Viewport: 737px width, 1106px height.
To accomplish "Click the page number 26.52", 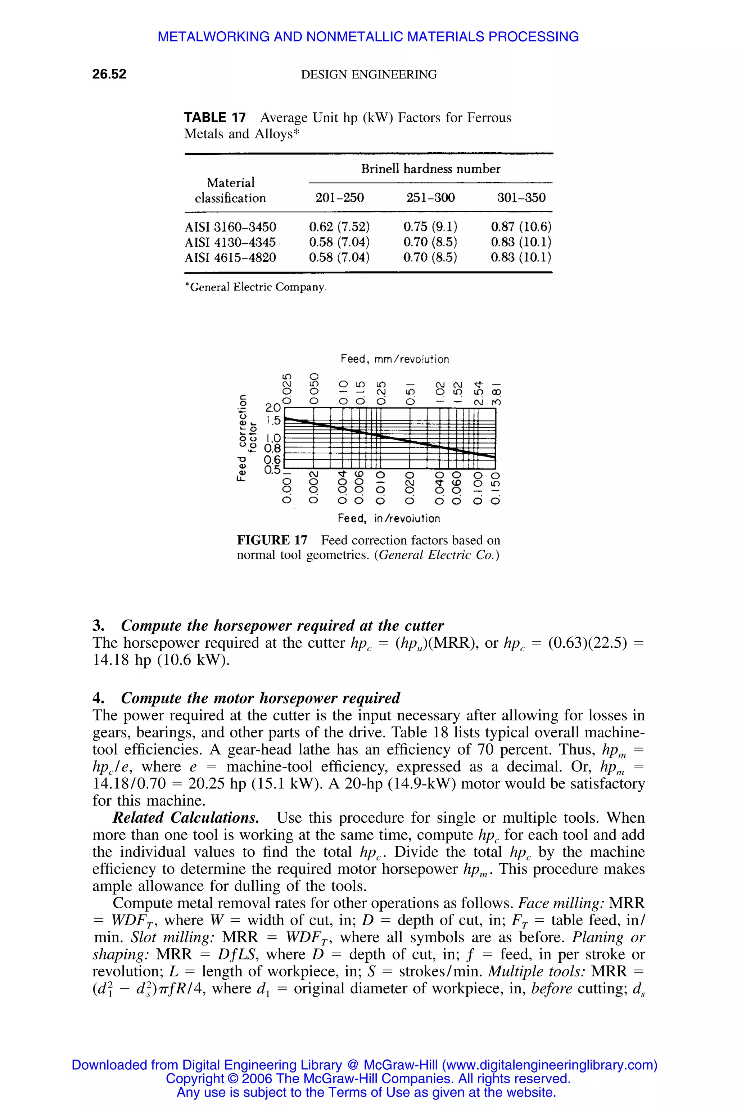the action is point(109,74).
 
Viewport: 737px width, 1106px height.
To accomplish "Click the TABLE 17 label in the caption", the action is point(215,118).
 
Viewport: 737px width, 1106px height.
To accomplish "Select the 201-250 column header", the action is point(339,198).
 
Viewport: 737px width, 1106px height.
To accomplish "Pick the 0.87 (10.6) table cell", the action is point(521,227).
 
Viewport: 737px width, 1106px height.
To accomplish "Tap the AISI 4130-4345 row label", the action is point(230,242).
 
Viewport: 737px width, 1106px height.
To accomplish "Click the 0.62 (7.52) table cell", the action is point(339,227).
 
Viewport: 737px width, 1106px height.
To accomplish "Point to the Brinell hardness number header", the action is point(430,169).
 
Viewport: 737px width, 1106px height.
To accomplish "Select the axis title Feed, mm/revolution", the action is point(394,359).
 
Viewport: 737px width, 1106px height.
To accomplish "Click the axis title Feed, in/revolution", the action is point(389,519).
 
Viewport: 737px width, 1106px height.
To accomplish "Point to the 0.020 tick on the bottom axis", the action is point(410,488).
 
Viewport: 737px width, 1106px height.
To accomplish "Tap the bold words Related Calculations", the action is point(186,818).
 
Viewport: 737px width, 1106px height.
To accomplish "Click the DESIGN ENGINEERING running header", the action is point(368,74).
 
